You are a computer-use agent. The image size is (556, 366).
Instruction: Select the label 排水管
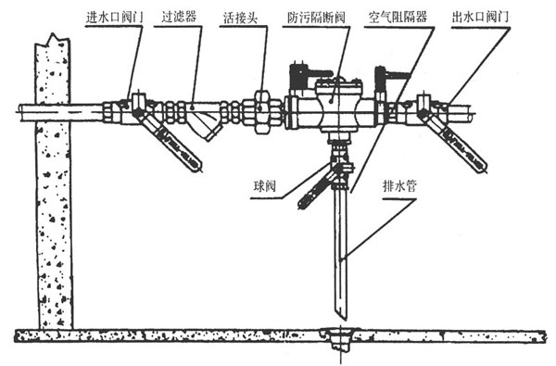point(399,185)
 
